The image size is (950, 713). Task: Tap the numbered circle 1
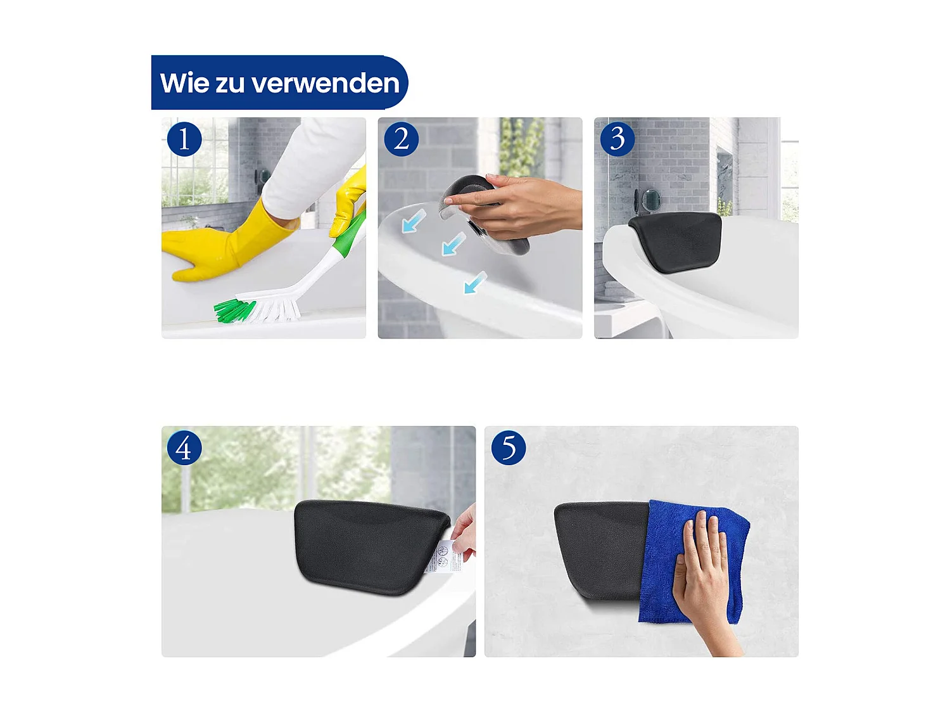[184, 139]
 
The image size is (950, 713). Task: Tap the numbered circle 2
[401, 139]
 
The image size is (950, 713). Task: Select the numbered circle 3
[617, 139]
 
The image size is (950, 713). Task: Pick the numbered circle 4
[184, 448]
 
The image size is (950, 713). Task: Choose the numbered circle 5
[509, 448]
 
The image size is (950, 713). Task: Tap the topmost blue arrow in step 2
[414, 221]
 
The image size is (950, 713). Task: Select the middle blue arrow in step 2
[453, 245]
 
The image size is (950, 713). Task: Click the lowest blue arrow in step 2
[475, 283]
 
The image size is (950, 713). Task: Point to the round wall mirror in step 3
[650, 200]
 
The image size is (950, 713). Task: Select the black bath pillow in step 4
[367, 545]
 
